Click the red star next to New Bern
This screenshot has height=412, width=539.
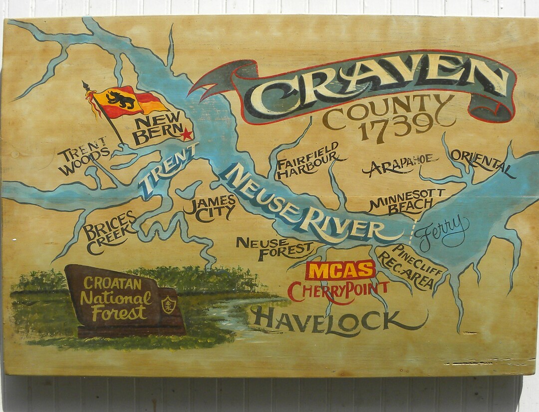[187, 134]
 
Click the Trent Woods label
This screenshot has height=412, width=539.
[82, 156]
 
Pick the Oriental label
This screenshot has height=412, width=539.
[481, 160]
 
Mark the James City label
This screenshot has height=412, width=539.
[210, 208]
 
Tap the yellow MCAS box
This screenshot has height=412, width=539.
[340, 270]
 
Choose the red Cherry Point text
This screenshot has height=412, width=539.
[338, 291]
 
